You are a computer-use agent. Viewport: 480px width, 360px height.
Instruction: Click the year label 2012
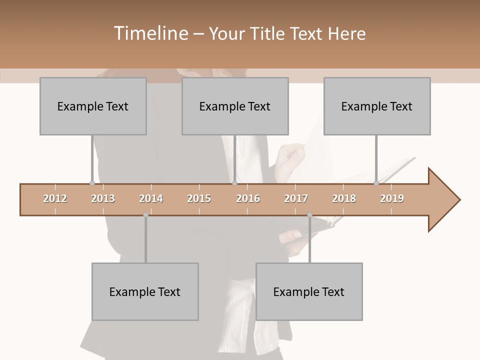coord(55,198)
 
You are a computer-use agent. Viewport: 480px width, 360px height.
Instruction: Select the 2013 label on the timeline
coord(103,198)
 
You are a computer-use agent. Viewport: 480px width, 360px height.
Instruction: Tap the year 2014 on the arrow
coord(151,198)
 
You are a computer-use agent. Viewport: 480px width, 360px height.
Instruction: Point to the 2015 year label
coord(199,198)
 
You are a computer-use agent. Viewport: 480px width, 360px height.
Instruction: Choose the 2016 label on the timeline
coord(248,198)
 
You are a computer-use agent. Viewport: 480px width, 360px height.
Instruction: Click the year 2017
coord(296,198)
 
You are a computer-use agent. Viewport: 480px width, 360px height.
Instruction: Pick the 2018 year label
coord(344,198)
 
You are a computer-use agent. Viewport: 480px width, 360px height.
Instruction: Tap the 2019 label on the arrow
coord(392,198)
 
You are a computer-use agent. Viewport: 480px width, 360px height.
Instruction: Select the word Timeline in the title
coord(150,33)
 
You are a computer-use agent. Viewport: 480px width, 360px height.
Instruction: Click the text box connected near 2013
coord(93,106)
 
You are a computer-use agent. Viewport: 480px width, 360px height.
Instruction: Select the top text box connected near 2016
coord(235,106)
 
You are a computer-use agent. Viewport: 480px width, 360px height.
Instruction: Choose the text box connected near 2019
coord(377,106)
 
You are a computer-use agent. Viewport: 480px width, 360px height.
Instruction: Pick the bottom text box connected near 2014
coord(145,291)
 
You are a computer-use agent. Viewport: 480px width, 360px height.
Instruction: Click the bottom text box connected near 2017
coord(309,291)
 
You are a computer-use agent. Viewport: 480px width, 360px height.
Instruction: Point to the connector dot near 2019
coord(376,183)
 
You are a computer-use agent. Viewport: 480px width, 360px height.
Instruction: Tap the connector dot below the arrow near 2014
coord(145,215)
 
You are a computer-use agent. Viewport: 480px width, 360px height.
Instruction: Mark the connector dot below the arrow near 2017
coord(309,215)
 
